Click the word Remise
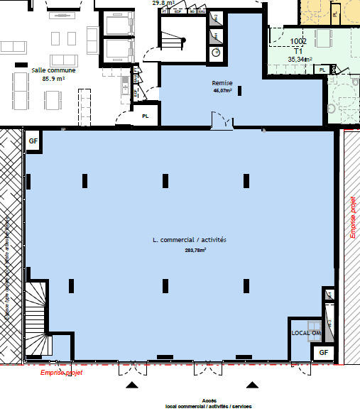222,83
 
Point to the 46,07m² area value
223,91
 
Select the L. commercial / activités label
190,241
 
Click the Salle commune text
53,70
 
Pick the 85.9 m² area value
53,79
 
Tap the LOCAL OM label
306,332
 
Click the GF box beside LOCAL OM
324,352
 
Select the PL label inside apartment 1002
323,70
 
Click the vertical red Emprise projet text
352,217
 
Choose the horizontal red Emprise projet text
61,371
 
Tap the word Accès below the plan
209,400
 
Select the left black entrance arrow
131,385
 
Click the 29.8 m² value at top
164,3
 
